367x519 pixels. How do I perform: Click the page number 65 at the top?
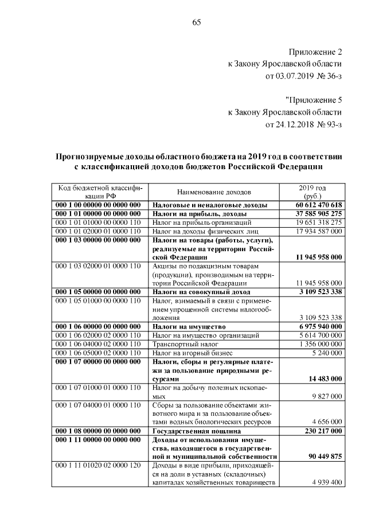pyautogui.click(x=196, y=22)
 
